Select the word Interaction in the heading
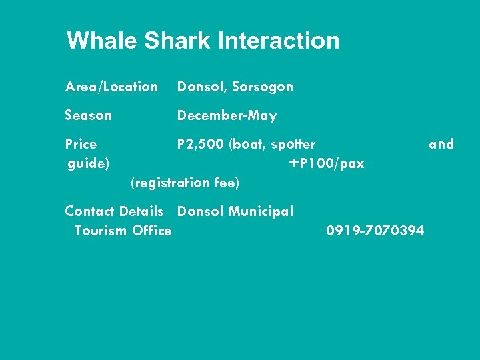279,41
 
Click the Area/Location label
111,87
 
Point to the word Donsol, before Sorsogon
202,87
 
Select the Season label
89,115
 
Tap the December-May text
227,116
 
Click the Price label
81,144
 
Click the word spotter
293,144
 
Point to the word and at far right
441,144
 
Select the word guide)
89,163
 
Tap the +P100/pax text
327,163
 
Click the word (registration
167,183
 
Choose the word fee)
225,183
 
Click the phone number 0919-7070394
375,231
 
